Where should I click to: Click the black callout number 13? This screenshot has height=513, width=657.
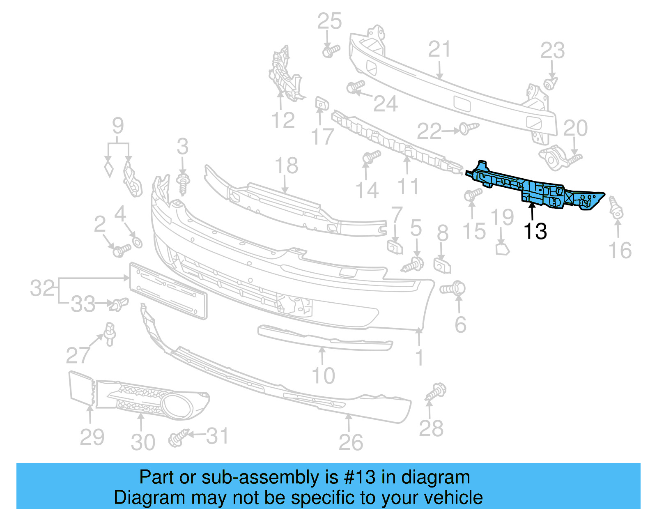pyautogui.click(x=535, y=231)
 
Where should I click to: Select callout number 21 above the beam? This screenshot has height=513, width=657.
pyautogui.click(x=439, y=50)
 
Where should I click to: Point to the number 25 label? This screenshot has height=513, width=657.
pyautogui.click(x=329, y=21)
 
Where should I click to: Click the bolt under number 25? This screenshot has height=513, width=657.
pyautogui.click(x=330, y=51)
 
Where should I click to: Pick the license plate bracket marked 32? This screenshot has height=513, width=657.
pyautogui.click(x=168, y=291)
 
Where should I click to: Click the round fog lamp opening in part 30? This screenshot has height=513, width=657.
pyautogui.click(x=177, y=406)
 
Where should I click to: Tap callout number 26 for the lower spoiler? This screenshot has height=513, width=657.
pyautogui.click(x=351, y=442)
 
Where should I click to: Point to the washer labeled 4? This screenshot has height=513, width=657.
pyautogui.click(x=138, y=242)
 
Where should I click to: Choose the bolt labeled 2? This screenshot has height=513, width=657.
pyautogui.click(x=121, y=250)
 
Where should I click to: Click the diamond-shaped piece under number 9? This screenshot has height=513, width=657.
pyautogui.click(x=109, y=169)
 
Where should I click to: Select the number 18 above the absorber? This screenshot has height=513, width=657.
pyautogui.click(x=286, y=166)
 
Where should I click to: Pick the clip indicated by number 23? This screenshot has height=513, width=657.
pyautogui.click(x=550, y=83)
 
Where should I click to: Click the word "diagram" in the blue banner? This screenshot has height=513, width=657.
pyautogui.click(x=435, y=477)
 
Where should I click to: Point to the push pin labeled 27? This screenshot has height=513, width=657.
pyautogui.click(x=110, y=334)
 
